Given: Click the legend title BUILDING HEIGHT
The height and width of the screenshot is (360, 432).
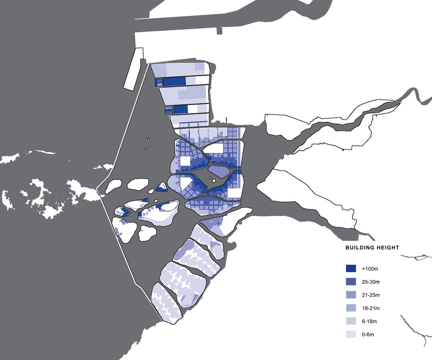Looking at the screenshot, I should pyautogui.click(x=372, y=248).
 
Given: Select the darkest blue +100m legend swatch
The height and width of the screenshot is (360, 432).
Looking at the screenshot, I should pyautogui.click(x=351, y=269).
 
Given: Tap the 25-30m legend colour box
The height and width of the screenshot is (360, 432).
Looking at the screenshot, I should pyautogui.click(x=351, y=282).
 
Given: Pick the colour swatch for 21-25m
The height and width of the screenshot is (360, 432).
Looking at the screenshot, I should pyautogui.click(x=351, y=295).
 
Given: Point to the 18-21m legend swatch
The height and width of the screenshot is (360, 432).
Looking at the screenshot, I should pyautogui.click(x=351, y=308).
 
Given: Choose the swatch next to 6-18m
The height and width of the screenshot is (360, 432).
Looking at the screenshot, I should pyautogui.click(x=351, y=321).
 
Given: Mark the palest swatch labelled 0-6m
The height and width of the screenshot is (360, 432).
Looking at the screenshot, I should pyautogui.click(x=351, y=334).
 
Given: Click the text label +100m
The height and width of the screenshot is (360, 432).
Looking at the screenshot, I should pyautogui.click(x=370, y=269).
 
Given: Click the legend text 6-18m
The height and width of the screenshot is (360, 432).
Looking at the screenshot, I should pyautogui.click(x=370, y=321).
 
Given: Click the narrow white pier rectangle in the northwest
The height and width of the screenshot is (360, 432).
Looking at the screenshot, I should pyautogui.click(x=134, y=68).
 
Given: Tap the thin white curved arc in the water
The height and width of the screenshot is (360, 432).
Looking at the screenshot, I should pyautogui.click(x=148, y=144).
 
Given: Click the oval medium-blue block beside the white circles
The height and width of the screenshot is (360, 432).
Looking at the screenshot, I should pyautogui.click(x=219, y=170).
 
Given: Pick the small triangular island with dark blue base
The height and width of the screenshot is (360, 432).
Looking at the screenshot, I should pyautogui.click(x=162, y=187).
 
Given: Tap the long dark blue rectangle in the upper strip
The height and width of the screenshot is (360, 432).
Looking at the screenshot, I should pyautogui.click(x=174, y=81).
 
